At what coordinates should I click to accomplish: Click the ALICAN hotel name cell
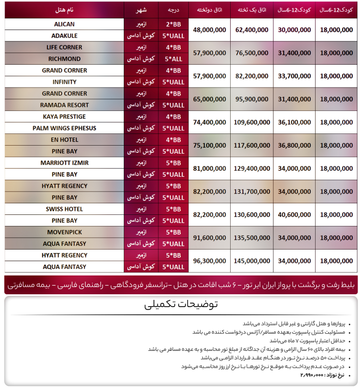click(x=64, y=24)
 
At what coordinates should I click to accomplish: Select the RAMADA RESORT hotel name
click(x=64, y=105)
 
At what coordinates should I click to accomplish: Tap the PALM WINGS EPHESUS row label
click(x=64, y=128)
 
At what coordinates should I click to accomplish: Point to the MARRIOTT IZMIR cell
click(x=64, y=163)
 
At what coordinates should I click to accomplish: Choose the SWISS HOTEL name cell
click(x=64, y=209)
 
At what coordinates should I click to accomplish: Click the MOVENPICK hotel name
click(x=64, y=232)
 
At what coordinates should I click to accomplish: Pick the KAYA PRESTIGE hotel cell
click(x=64, y=117)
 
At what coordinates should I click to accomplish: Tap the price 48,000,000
click(x=210, y=31)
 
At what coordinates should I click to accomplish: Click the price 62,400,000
click(x=252, y=31)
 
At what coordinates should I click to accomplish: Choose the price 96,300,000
click(x=210, y=261)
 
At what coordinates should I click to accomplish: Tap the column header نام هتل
click(x=64, y=10)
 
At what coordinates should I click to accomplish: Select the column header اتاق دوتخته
click(x=209, y=10)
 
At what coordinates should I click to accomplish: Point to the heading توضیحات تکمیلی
click(x=181, y=305)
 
